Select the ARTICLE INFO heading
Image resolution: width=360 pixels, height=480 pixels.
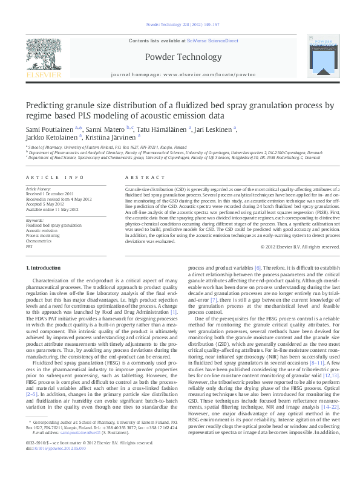tap(54, 177)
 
